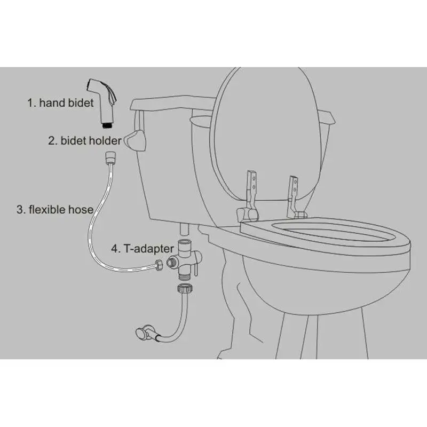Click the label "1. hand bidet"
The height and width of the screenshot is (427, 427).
coord(60,102)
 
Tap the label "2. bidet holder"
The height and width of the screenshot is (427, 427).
coord(85,140)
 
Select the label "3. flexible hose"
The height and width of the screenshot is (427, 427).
coord(55,209)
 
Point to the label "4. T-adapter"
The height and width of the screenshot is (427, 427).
coord(143,249)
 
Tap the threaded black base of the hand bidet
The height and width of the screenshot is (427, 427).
coord(108,125)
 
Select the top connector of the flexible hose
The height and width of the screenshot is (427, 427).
coord(110,157)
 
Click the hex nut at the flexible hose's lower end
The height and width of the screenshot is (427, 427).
coord(159,265)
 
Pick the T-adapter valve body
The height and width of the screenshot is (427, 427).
coord(184,259)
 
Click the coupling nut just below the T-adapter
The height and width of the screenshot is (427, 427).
coord(185,288)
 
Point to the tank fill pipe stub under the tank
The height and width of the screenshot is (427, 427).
coord(184,229)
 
